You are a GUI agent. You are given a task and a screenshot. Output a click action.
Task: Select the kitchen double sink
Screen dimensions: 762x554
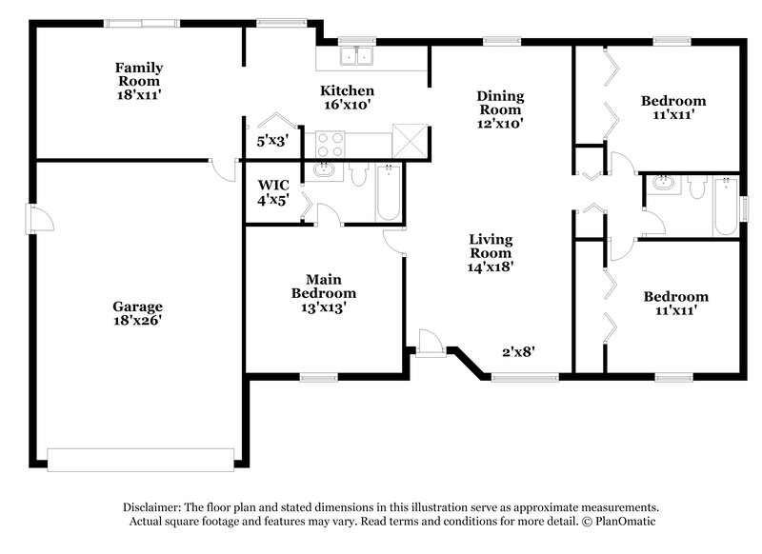coord(359,56)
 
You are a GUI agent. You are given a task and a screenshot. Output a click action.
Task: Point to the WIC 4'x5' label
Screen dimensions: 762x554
coord(273,192)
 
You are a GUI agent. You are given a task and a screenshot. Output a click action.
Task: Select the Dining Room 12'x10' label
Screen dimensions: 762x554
coord(501,109)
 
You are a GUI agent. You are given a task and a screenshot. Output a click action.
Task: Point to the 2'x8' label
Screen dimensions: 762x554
coord(518,351)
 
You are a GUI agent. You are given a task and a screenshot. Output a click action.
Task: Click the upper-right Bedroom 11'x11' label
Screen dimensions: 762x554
coord(672,108)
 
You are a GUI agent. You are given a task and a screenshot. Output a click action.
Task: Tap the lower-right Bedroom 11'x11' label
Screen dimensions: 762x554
coord(674,304)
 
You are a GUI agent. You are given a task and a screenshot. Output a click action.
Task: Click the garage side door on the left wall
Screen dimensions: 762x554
coord(39,221)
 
